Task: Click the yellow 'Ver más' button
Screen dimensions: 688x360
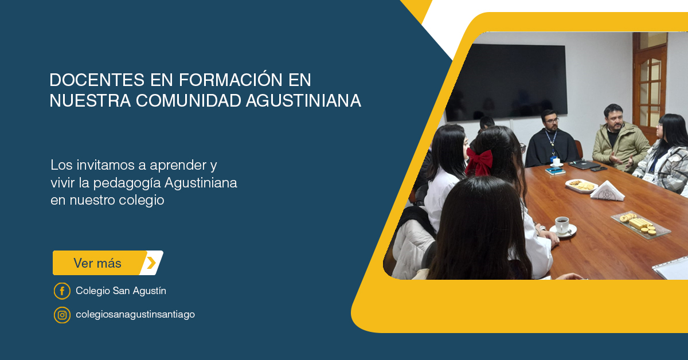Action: pyautogui.click(x=108, y=263)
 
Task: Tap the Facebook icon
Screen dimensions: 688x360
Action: pyautogui.click(x=62, y=291)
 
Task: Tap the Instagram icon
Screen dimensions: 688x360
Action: pyautogui.click(x=62, y=315)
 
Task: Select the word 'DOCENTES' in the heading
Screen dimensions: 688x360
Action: pyautogui.click(x=97, y=80)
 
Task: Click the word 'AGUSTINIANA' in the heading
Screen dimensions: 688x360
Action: pyautogui.click(x=303, y=100)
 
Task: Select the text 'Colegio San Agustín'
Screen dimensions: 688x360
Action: pyautogui.click(x=121, y=291)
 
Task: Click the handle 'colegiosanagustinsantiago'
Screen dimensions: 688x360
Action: pyautogui.click(x=135, y=315)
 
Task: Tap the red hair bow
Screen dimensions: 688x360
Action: pyautogui.click(x=479, y=162)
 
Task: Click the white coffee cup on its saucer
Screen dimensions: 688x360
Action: pyautogui.click(x=562, y=226)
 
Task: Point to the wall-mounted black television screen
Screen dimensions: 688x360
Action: pyautogui.click(x=506, y=82)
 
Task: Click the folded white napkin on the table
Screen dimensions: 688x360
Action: pyautogui.click(x=607, y=191)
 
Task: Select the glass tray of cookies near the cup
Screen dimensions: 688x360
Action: pyautogui.click(x=640, y=225)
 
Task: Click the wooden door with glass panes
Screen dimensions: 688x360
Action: pyautogui.click(x=650, y=83)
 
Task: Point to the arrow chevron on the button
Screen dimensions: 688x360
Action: pyautogui.click(x=151, y=263)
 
